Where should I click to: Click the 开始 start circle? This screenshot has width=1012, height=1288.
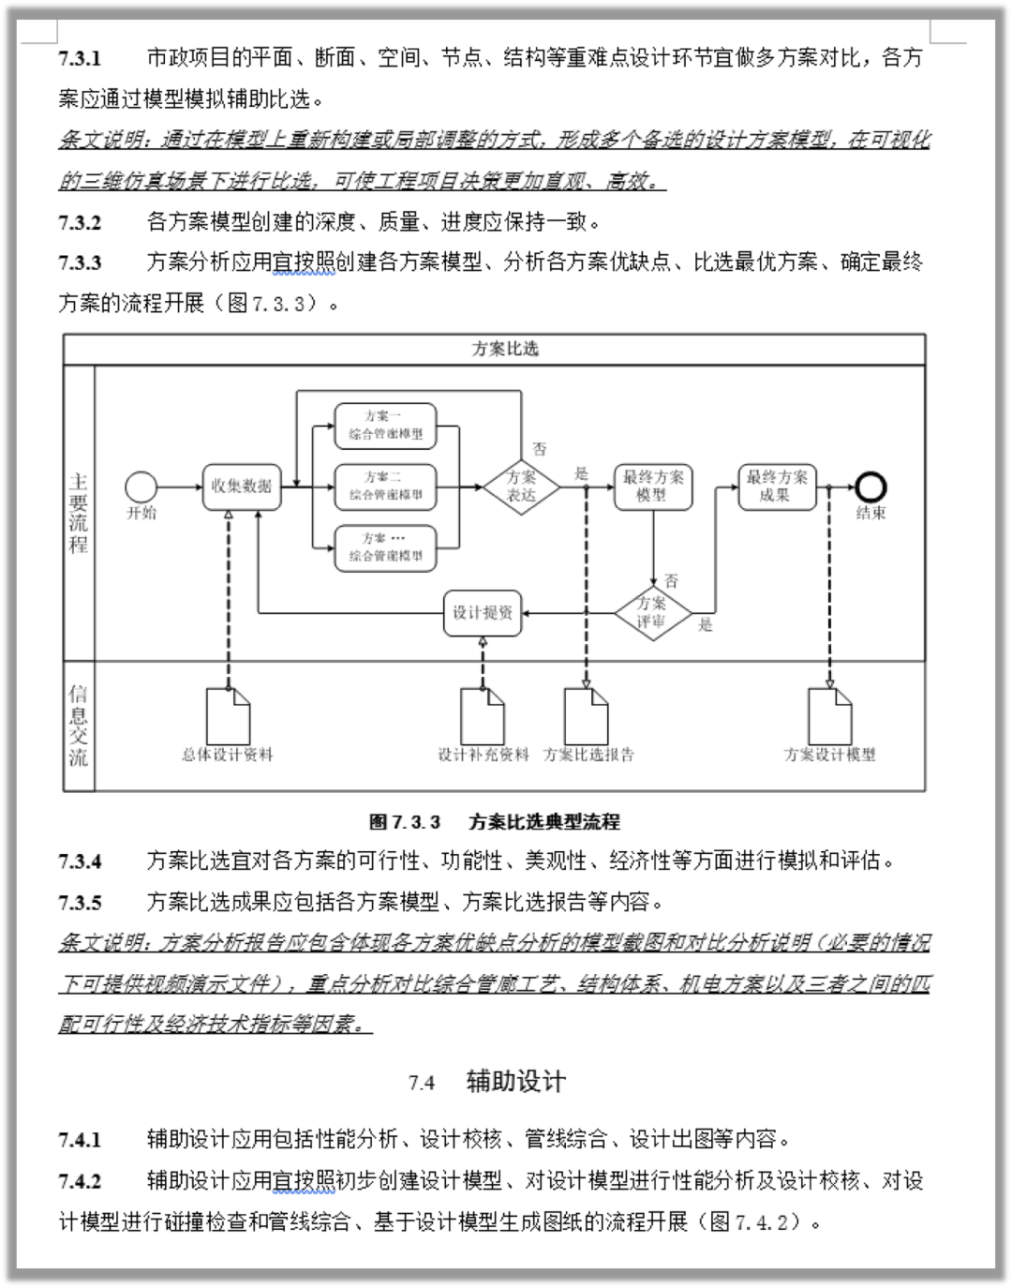pos(141,487)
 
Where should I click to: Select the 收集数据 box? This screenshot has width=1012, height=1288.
pos(242,487)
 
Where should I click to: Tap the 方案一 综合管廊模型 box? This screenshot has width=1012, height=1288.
pos(385,425)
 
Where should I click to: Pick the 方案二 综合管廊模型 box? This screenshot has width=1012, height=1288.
pos(385,487)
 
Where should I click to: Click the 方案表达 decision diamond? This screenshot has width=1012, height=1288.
pos(521,487)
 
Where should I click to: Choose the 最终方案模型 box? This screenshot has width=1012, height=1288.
pos(653,487)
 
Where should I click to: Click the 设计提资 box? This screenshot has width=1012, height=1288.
pos(483,614)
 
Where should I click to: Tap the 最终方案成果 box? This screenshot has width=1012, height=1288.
pos(776,487)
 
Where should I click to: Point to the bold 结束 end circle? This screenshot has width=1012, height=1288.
pos(871,487)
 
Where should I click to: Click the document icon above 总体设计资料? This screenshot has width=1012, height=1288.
pos(228,716)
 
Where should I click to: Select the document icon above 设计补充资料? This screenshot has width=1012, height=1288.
pos(483,716)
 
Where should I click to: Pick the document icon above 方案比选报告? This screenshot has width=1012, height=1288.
pos(587,716)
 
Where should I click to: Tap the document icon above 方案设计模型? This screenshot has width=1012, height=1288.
pos(830,716)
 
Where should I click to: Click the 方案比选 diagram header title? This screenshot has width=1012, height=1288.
pos(505,350)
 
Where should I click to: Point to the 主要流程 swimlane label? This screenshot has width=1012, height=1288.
pos(79,513)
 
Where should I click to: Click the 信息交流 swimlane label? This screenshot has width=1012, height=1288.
pos(79,725)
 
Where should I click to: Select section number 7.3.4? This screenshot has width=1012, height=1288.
pos(81,861)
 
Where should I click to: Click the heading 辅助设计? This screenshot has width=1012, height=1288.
pos(516,1082)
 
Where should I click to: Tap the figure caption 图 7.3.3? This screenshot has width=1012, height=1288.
pos(405,822)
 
